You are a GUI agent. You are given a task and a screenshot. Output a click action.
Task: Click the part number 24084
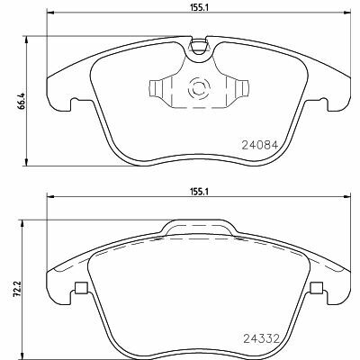coord(260,146)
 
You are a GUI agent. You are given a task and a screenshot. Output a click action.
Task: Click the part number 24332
coord(261,339)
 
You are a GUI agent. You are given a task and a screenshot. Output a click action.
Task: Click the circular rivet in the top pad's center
coord(199,88)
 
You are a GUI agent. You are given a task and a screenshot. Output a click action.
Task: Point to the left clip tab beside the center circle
coord(156,89)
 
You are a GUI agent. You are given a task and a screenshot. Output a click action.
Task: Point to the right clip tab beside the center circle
coord(242,89)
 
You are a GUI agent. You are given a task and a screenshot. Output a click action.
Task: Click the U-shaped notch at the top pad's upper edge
coord(199,47)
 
